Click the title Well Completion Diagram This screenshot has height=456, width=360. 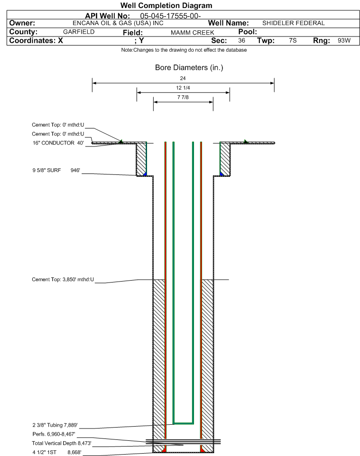pyautogui.click(x=166, y=6)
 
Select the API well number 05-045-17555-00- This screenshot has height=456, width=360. pyautogui.click(x=171, y=16)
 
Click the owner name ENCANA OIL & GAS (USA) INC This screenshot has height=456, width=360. pyautogui.click(x=118, y=23)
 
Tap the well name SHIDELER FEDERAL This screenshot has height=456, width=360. pyautogui.click(x=293, y=23)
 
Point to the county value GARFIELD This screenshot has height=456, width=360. pyautogui.click(x=79, y=32)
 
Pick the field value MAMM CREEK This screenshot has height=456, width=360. pyautogui.click(x=193, y=33)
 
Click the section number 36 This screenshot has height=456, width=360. pyautogui.click(x=241, y=40)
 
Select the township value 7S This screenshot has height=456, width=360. pyautogui.click(x=293, y=40)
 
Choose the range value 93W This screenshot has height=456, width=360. pyautogui.click(x=344, y=40)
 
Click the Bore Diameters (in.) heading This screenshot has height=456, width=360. pyautogui.click(x=189, y=68)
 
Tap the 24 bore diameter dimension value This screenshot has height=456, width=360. pyautogui.click(x=183, y=78)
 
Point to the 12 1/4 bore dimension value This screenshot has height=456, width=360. pyautogui.click(x=183, y=88)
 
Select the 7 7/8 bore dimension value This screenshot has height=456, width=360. pyautogui.click(x=183, y=97)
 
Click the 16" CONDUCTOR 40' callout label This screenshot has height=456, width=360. pyautogui.click(x=58, y=143)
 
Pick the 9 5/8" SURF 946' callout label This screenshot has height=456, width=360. pyautogui.click(x=56, y=170)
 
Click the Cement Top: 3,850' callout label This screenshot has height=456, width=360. pyautogui.click(x=63, y=280)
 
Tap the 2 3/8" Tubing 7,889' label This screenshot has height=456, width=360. pyautogui.click(x=55, y=425)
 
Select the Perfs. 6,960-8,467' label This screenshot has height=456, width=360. pyautogui.click(x=54, y=434)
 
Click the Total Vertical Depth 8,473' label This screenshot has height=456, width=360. pyautogui.click(x=62, y=443)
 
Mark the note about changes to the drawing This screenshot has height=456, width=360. pyautogui.click(x=184, y=50)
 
